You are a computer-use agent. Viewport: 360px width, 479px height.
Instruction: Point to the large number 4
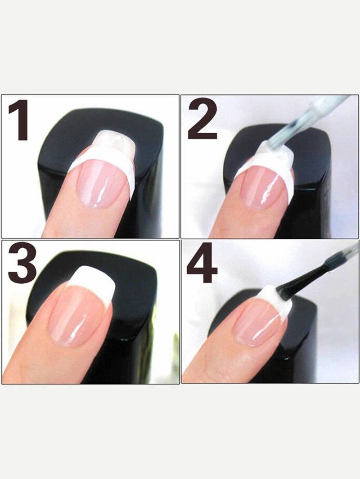[202, 264]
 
